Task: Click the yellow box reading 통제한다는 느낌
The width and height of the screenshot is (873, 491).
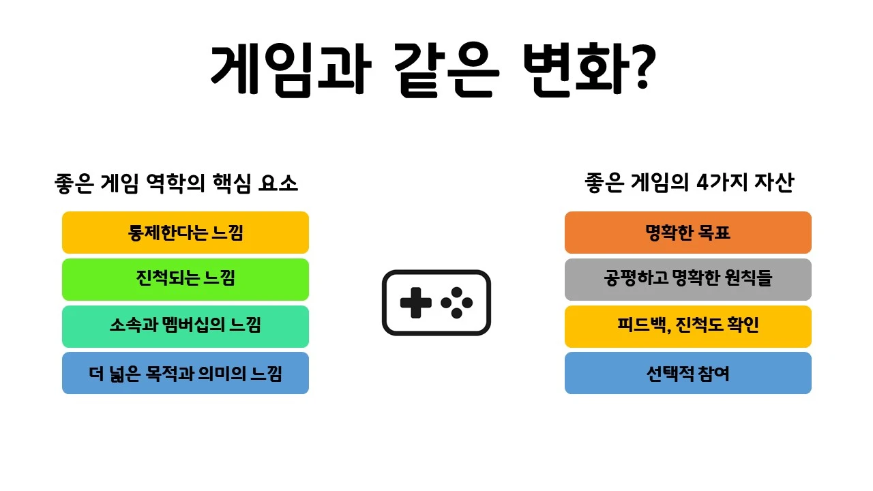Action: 186,233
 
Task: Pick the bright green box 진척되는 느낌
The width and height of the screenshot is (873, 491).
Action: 186,280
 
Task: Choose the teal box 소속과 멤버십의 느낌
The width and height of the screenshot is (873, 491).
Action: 186,326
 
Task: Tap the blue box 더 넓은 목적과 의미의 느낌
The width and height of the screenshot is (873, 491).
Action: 186,373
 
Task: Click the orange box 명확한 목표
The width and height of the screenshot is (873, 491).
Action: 687,233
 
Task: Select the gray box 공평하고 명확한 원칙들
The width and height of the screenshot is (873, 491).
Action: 687,280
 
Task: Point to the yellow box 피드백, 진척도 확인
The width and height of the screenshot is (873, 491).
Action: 687,326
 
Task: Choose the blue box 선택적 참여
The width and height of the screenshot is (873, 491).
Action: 687,373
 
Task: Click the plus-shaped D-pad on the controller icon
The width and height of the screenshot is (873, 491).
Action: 415,303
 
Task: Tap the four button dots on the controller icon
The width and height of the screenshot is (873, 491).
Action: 456,303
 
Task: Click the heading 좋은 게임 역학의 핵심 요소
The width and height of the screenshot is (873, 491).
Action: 177,183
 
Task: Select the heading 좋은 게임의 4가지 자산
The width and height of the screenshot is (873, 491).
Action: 689,183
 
